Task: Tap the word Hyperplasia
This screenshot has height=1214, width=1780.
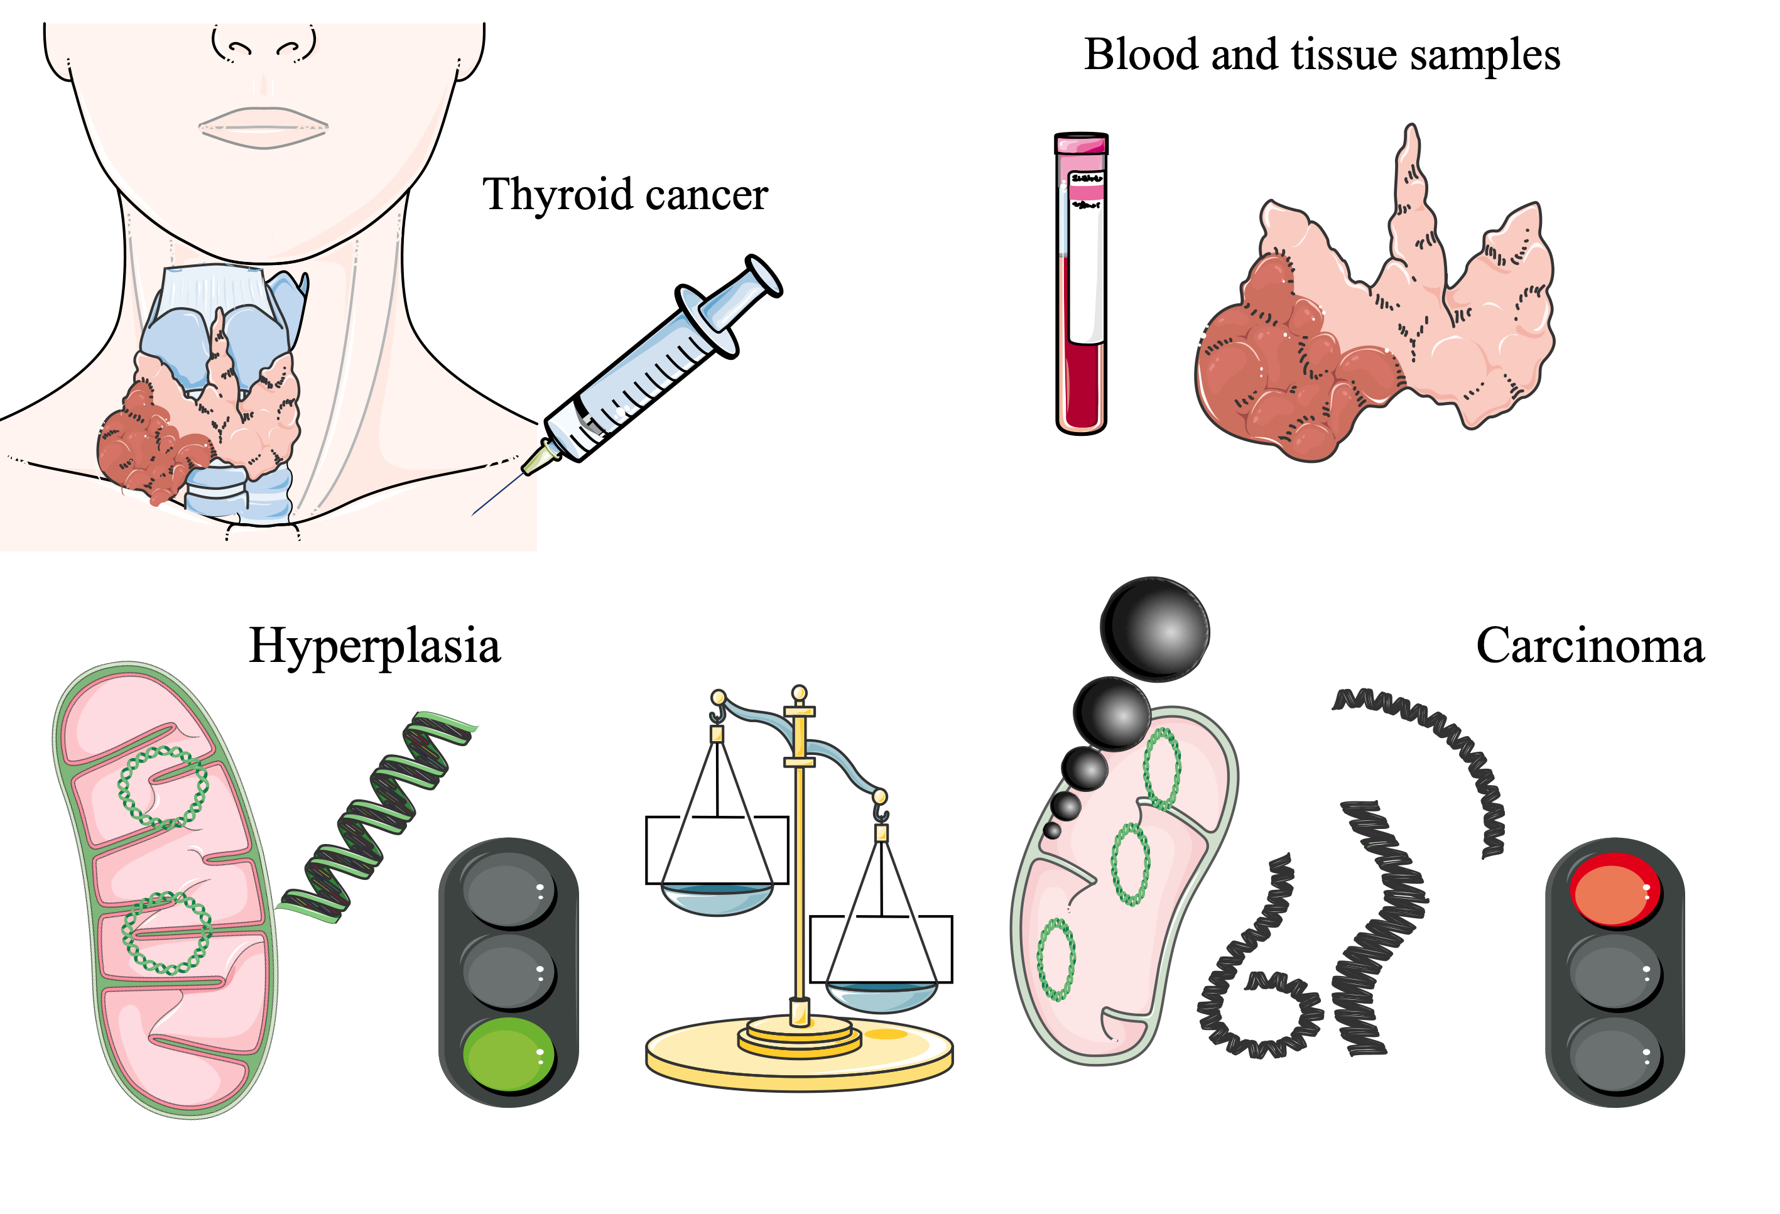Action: pos(374,646)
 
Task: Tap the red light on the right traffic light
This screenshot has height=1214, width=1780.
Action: pos(1614,890)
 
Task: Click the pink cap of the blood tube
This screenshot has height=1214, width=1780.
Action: pos(1081,144)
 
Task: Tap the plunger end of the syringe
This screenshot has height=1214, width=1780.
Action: pos(764,276)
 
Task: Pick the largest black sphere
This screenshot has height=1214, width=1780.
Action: pos(1155,629)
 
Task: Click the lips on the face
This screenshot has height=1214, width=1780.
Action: pos(263,127)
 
